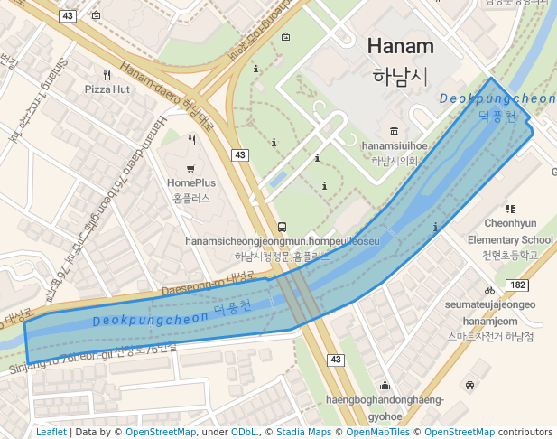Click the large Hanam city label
click(x=400, y=46)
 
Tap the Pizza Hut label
click(x=107, y=89)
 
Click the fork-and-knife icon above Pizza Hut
click(x=107, y=75)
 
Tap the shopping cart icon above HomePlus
click(x=190, y=169)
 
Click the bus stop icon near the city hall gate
click(x=283, y=228)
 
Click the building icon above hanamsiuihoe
click(x=394, y=131)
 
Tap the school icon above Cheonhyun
click(x=510, y=209)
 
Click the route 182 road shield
click(x=517, y=285)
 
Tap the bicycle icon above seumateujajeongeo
click(x=489, y=290)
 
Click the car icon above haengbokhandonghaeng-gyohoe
click(x=469, y=386)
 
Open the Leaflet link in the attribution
click(x=51, y=433)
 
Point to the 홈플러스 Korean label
click(x=190, y=196)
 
